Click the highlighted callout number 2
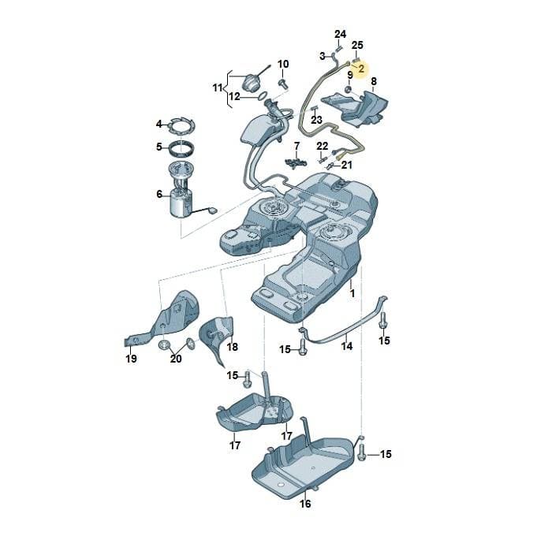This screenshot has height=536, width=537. click(x=362, y=69)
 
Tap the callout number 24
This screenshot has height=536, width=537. click(x=340, y=34)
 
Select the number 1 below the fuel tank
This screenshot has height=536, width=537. click(x=352, y=293)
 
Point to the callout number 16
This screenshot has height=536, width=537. click(x=305, y=504)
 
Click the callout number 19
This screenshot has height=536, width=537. click(x=131, y=359)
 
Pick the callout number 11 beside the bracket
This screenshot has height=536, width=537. click(x=218, y=88)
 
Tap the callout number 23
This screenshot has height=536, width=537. click(x=316, y=120)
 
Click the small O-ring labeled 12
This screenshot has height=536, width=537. click(x=263, y=95)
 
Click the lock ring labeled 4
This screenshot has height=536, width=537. click(x=181, y=127)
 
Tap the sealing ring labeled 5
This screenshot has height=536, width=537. click(x=182, y=148)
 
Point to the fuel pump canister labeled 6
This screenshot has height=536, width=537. click(x=181, y=203)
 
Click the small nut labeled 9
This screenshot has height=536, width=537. click(x=348, y=90)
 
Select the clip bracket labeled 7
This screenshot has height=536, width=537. click(x=296, y=162)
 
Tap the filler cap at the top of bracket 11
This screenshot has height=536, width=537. click(x=252, y=84)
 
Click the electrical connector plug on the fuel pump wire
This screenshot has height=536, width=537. click(x=213, y=210)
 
